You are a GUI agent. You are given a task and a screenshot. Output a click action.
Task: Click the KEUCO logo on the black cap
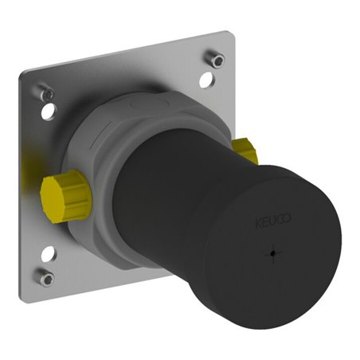(x=273, y=220)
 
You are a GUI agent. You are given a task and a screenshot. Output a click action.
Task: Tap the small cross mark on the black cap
(x=272, y=253)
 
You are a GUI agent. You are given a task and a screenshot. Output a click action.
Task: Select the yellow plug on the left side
(x=65, y=196)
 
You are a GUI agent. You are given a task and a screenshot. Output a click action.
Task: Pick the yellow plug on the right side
(x=245, y=151)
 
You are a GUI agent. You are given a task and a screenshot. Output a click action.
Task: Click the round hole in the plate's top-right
(x=207, y=80)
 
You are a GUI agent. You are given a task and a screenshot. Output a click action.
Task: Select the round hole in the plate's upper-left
(x=49, y=112)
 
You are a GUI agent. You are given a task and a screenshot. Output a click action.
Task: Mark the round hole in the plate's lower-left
(x=49, y=253)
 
